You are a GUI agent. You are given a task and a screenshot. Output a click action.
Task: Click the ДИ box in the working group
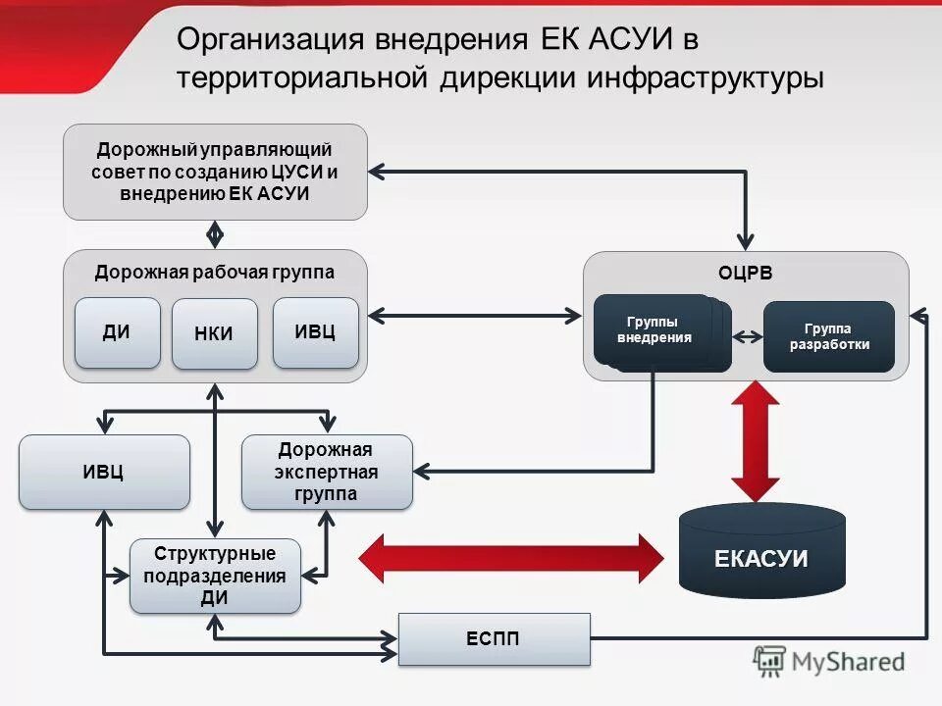(x=117, y=332)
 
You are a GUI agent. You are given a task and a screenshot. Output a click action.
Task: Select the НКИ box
(x=214, y=333)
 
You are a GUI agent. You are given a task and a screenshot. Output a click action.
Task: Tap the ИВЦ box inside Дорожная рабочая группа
(x=315, y=332)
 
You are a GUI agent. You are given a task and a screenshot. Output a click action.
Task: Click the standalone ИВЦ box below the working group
(x=104, y=472)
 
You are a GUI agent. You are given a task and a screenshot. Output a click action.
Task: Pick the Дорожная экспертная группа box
(x=327, y=472)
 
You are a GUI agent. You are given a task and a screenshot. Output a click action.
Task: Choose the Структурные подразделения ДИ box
(x=215, y=577)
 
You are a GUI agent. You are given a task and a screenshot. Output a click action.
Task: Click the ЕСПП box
(x=494, y=639)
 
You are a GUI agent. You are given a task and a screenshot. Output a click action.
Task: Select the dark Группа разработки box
(x=828, y=336)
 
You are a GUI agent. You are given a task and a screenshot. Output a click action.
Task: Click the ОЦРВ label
(x=746, y=274)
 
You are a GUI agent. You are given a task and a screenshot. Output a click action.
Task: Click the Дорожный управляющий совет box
(x=215, y=172)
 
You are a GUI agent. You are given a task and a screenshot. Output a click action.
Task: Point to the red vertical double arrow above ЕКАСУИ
(x=755, y=441)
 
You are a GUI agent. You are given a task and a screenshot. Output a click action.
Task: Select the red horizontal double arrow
(x=510, y=559)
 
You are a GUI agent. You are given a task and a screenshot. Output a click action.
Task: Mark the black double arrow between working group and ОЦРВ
(x=476, y=315)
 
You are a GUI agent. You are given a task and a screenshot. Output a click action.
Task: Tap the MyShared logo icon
(x=769, y=661)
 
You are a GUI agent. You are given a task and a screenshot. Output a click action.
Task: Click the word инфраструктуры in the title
(x=706, y=77)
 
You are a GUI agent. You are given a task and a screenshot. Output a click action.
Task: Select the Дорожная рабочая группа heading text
(x=215, y=272)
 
